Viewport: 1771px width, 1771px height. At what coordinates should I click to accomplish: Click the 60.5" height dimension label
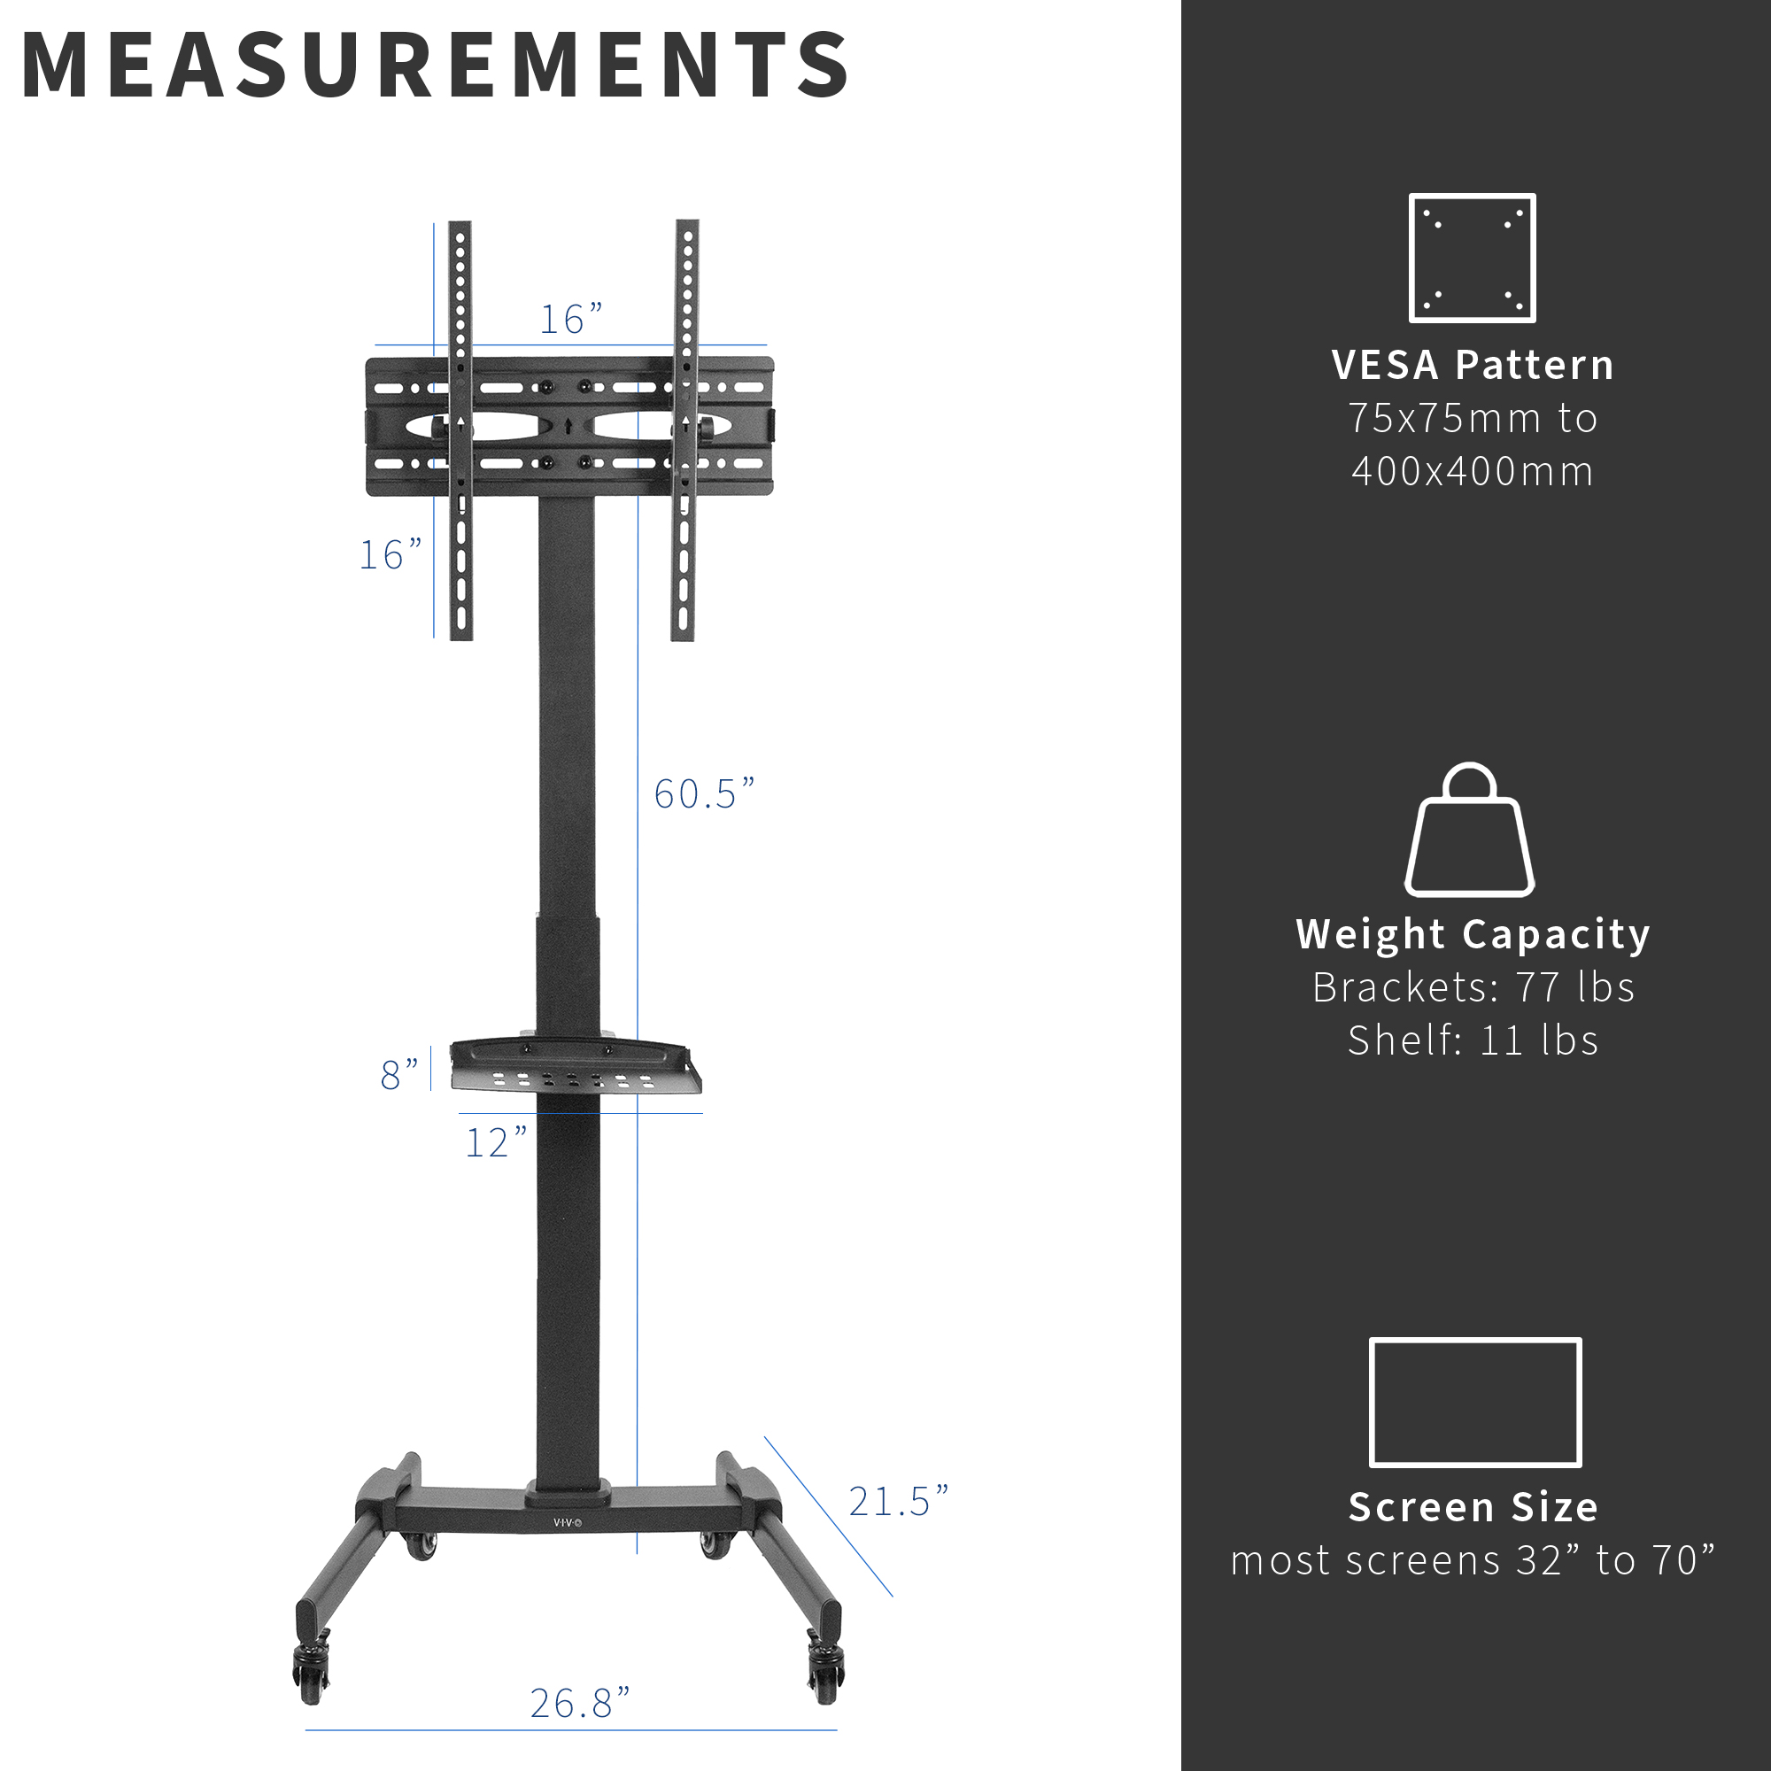tap(703, 793)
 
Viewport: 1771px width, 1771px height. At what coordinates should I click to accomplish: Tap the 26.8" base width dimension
tap(579, 1702)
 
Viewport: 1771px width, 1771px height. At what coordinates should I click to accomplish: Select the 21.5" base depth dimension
tap(897, 1502)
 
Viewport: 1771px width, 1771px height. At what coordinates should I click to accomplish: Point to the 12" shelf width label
tap(496, 1142)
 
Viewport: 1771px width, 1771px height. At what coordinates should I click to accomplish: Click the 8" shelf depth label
tap(398, 1074)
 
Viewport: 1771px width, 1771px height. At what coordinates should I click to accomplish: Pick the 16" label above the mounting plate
tap(570, 319)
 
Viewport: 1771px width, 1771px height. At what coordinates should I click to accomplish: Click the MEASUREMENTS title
tap(435, 66)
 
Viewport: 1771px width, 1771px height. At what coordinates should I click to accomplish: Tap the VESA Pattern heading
tap(1473, 365)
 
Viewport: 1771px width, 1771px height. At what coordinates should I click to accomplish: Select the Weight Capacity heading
tap(1473, 934)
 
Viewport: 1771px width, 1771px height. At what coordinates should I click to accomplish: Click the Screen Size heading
tap(1473, 1507)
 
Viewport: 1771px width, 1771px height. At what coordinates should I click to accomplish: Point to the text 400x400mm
tap(1473, 471)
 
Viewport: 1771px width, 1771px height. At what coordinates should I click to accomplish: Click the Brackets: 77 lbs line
tap(1473, 987)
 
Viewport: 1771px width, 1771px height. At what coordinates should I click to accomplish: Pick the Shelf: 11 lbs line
tap(1473, 1040)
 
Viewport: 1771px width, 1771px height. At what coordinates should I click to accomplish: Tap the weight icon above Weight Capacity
tap(1469, 831)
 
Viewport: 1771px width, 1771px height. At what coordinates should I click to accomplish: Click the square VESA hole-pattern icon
tap(1473, 258)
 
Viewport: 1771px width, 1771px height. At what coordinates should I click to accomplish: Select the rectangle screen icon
tap(1475, 1402)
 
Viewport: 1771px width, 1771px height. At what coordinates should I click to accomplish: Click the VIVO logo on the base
tap(568, 1522)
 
